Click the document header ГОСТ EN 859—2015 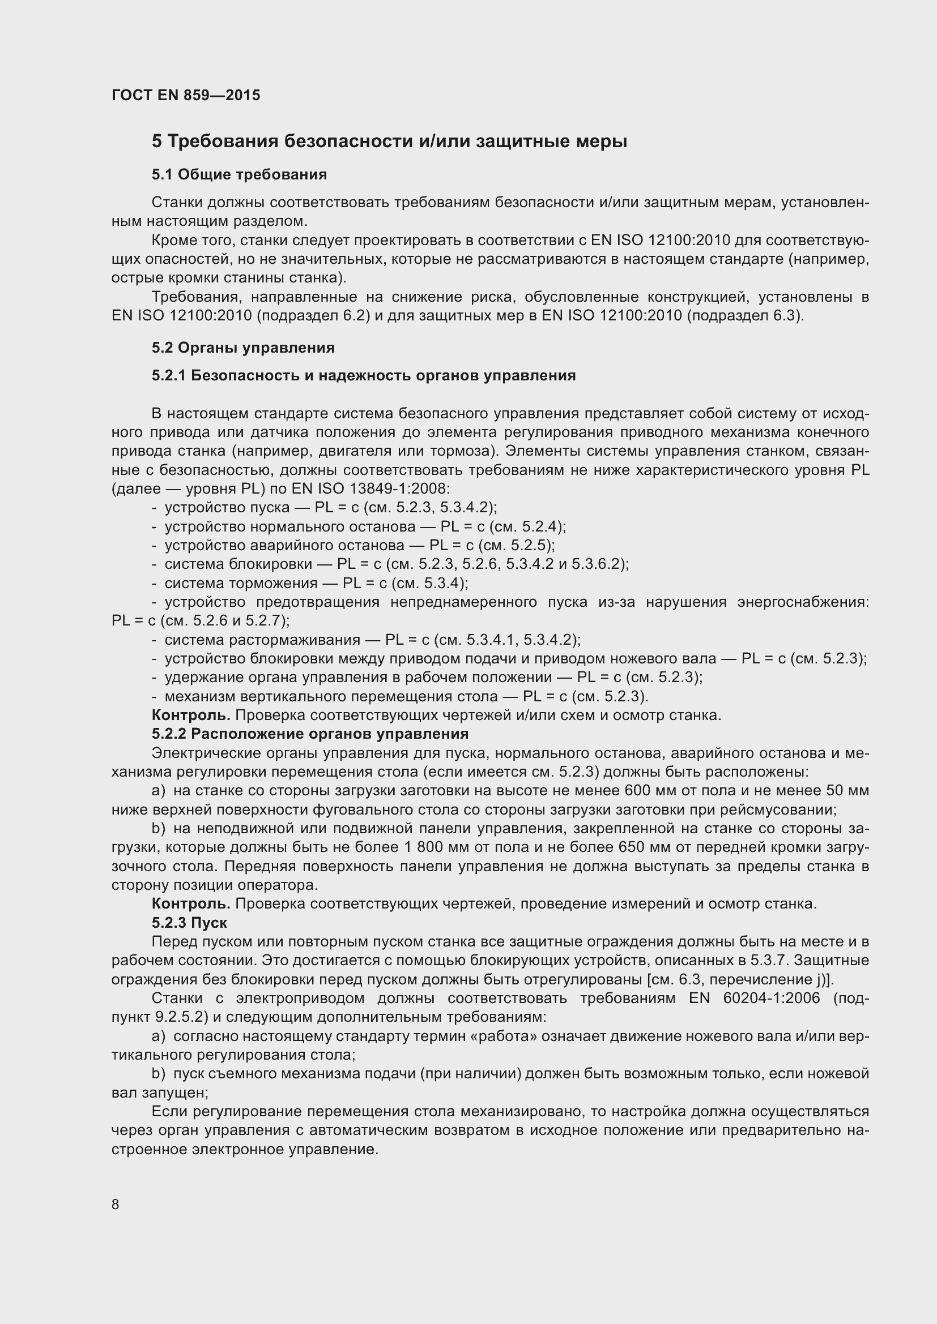coord(186,95)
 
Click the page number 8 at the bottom coord(116,1204)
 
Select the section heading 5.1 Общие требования coord(240,175)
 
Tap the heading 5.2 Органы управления coord(243,348)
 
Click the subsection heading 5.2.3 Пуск coord(189,923)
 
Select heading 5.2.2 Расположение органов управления coord(310,734)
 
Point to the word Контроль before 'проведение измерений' coord(191,903)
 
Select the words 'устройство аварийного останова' coord(284,546)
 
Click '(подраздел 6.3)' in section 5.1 coord(745,316)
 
